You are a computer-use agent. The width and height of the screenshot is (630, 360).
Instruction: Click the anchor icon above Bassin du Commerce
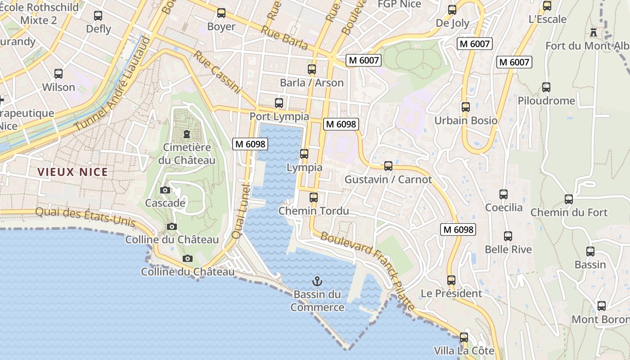[317, 282]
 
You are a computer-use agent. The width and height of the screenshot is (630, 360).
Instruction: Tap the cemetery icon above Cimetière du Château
[186, 134]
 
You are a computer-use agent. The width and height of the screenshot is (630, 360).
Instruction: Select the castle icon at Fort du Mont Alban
[594, 32]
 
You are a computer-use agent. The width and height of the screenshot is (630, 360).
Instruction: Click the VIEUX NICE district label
[73, 172]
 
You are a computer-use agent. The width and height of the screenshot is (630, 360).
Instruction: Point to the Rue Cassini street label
[217, 72]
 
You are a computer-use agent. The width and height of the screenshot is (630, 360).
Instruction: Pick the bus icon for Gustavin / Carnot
[388, 166]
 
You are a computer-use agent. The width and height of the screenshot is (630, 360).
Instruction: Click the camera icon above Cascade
[165, 190]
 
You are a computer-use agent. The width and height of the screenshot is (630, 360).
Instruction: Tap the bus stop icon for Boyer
[221, 13]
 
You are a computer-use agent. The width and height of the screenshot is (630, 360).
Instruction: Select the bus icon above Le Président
[451, 280]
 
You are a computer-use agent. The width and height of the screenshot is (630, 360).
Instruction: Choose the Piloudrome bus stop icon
[546, 87]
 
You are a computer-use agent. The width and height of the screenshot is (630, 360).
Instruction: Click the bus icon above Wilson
[58, 74]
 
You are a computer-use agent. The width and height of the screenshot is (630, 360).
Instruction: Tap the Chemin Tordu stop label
[314, 211]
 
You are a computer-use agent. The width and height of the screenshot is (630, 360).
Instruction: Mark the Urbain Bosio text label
[466, 121]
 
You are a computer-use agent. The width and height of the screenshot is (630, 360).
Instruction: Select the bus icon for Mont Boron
[602, 306]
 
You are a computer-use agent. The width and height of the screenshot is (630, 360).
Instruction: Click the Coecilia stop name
[504, 207]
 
